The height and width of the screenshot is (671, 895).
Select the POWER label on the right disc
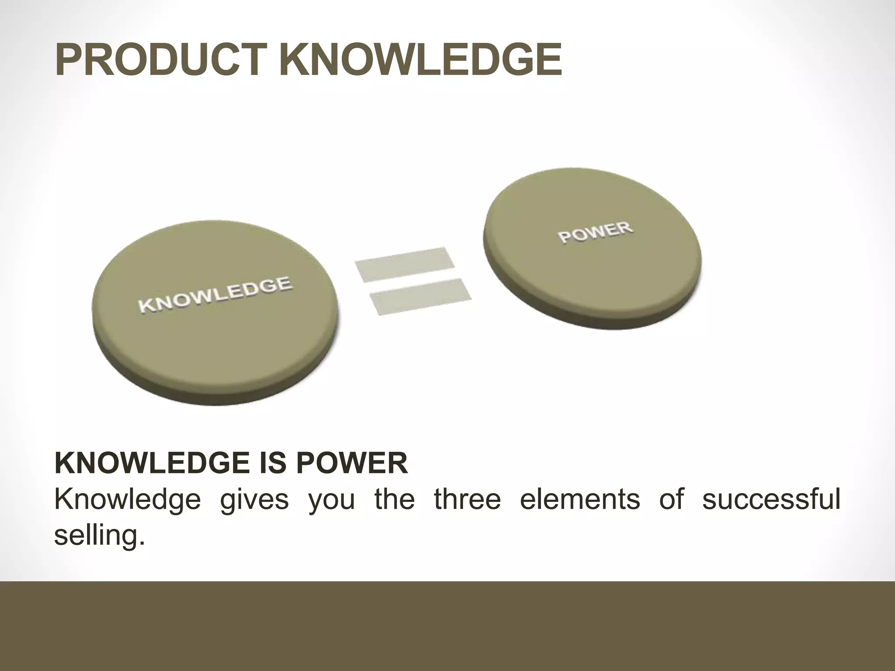[x=595, y=232]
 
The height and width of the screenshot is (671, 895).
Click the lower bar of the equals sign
[x=420, y=296]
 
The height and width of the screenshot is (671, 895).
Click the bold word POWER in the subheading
[x=352, y=463]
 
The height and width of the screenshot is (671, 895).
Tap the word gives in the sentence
[x=254, y=499]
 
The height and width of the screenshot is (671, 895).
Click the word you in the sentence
[x=332, y=499]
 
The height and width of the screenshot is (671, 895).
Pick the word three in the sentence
[x=467, y=499]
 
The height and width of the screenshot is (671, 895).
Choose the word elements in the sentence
[x=580, y=499]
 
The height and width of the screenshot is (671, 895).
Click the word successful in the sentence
[x=771, y=499]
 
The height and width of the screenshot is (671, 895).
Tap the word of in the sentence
[x=671, y=499]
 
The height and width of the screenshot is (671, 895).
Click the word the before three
[x=395, y=499]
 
